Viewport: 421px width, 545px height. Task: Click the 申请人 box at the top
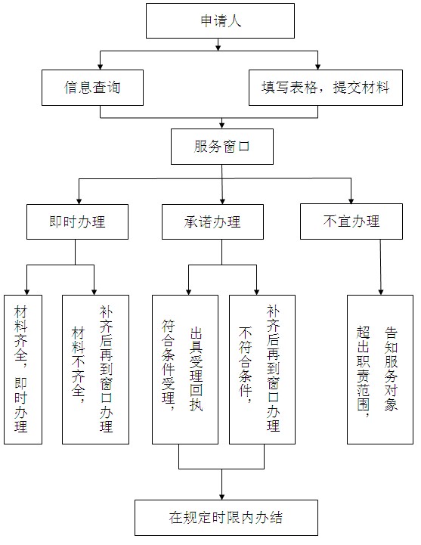220,21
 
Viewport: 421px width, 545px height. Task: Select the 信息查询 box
92,88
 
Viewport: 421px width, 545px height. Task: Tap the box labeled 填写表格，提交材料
326,88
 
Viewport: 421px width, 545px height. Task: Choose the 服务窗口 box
222,147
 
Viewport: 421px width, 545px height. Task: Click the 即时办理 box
78,221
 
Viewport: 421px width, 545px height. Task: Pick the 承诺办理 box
212,221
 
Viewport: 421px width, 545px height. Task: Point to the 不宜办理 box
351,221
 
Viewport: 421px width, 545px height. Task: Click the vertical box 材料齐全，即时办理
23,370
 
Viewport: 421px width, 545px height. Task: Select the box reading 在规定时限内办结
226,518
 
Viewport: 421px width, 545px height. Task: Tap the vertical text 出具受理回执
196,369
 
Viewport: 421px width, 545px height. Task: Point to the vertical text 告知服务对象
391,369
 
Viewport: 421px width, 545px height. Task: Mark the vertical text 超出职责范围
363,372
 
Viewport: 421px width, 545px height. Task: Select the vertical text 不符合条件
245,364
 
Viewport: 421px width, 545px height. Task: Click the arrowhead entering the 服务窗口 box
222,125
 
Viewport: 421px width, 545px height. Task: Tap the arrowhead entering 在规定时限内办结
222,497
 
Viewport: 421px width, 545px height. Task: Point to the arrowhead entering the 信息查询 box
101,67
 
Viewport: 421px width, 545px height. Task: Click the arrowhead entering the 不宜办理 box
351,200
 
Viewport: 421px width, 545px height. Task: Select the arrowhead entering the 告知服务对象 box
381,292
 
